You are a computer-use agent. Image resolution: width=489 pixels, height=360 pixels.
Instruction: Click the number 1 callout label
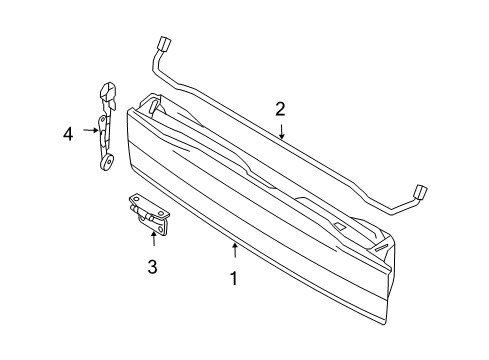click(x=234, y=280)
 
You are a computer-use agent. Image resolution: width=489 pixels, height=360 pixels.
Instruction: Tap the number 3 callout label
click(x=152, y=266)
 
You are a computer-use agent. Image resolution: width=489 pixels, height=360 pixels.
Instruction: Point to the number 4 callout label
click(x=68, y=131)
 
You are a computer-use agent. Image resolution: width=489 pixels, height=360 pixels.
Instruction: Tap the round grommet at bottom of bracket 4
click(x=104, y=161)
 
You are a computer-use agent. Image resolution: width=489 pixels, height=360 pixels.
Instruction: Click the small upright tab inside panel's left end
click(x=152, y=102)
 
